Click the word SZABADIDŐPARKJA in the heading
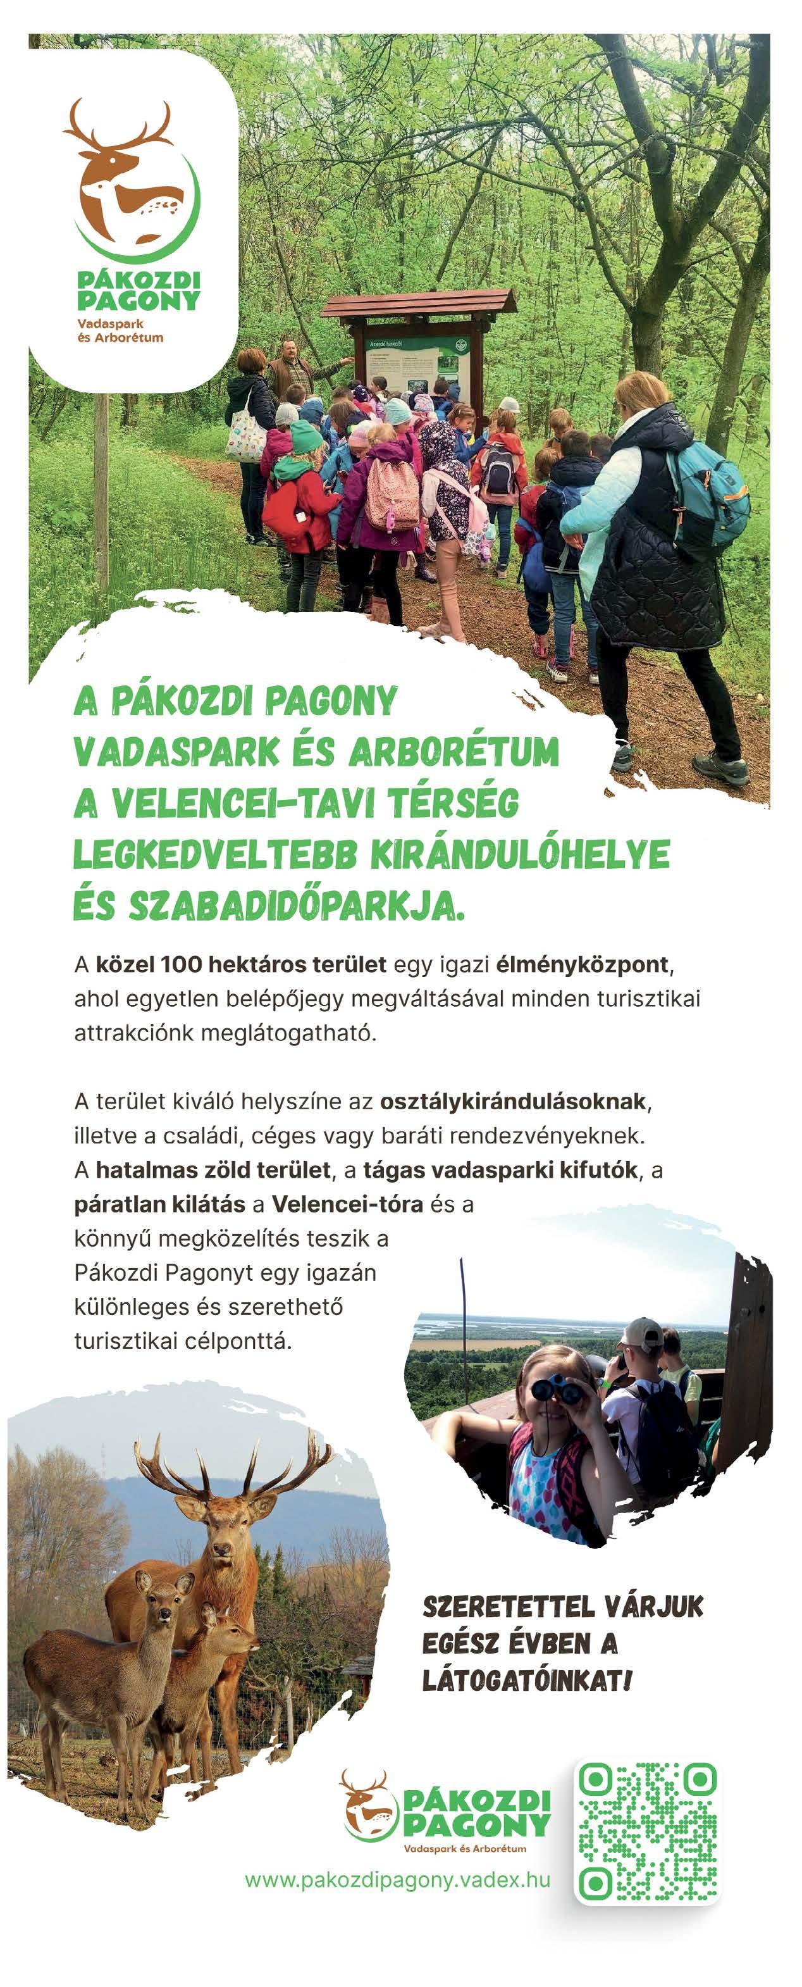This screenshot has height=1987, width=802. tap(296, 907)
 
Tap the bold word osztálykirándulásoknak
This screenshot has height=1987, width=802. tap(512, 1102)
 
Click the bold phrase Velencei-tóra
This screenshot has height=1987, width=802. tap(347, 1204)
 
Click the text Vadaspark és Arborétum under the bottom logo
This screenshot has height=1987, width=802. tap(465, 1849)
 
